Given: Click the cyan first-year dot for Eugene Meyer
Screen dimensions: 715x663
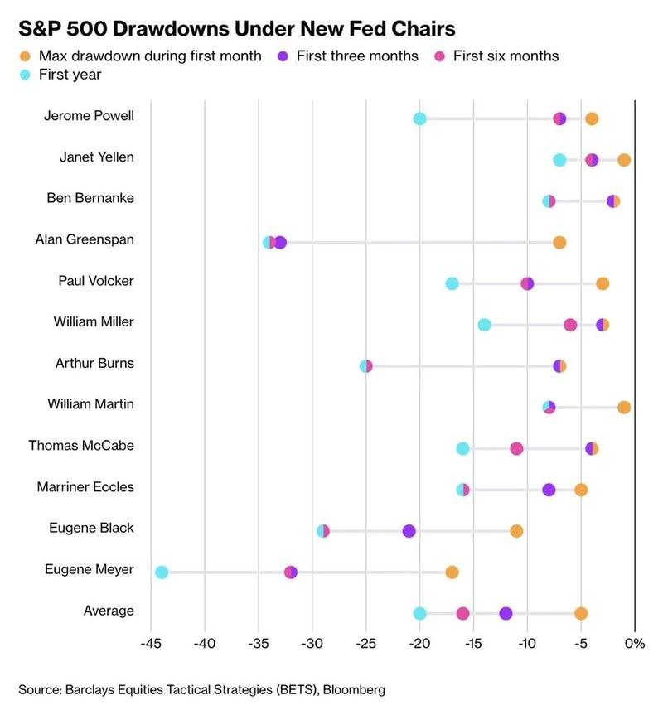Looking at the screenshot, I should (x=162, y=572).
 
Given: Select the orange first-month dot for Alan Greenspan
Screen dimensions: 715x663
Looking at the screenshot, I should (x=559, y=243).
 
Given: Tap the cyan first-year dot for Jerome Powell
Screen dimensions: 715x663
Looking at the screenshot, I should (x=419, y=118).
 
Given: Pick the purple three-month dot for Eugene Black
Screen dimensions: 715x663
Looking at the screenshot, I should (x=409, y=531).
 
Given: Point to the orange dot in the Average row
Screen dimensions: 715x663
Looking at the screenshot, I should (x=581, y=613).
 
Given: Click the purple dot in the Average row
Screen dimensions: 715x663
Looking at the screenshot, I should (x=506, y=613).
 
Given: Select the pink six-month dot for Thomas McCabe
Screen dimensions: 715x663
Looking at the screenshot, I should (x=516, y=448).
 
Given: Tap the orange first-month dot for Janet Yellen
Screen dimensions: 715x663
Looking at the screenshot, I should (x=624, y=160).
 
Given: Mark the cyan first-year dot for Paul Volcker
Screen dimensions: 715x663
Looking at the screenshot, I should (x=452, y=283).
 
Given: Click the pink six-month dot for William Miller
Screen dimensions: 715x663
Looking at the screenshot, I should (x=570, y=325).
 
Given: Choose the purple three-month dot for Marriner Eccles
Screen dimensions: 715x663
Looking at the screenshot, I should (x=549, y=490).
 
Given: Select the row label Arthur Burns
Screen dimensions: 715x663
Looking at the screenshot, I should (x=94, y=363).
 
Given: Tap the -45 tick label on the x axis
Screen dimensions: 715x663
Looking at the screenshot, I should (x=150, y=644).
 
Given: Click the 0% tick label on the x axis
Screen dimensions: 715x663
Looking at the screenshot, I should (x=635, y=644).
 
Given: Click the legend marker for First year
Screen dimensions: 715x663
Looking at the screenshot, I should (x=24, y=75).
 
